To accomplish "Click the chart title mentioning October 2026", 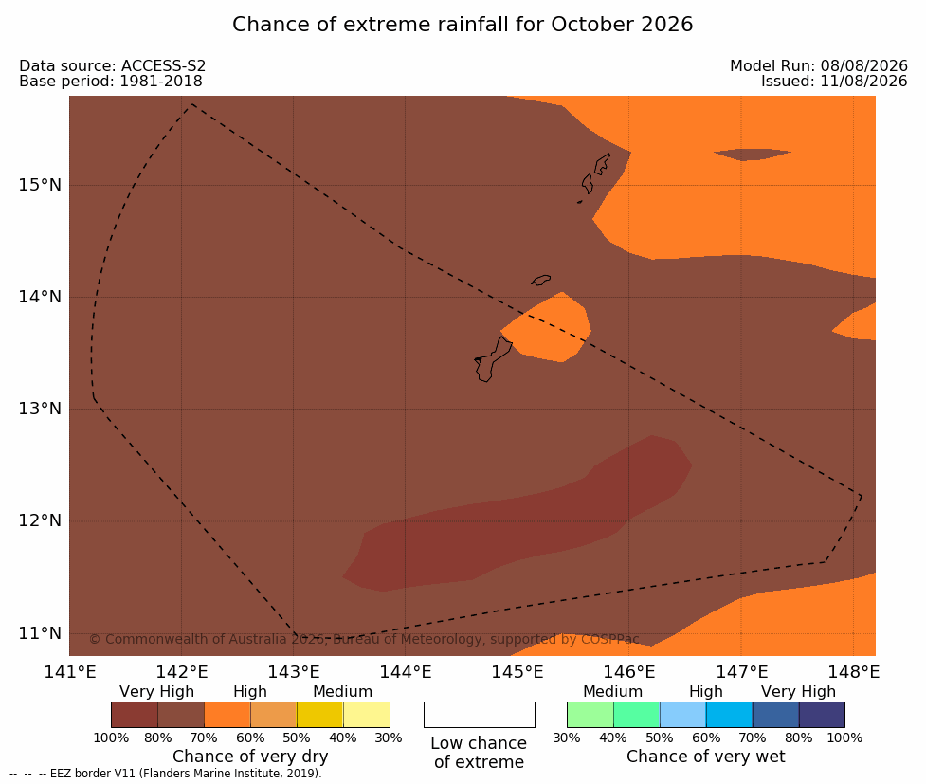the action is tap(463, 25).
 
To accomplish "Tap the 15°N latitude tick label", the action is tap(40, 185).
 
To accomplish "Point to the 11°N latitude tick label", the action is tap(40, 633).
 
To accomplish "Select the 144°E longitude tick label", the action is tap(406, 672).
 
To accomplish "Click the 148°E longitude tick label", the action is tap(853, 672).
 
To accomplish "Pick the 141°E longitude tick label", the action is tap(70, 672).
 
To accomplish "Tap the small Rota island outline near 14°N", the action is tap(540, 280).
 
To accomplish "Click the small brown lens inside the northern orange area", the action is tap(752, 155).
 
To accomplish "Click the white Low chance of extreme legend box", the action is tap(480, 715).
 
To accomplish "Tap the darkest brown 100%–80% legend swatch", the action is tap(135, 715).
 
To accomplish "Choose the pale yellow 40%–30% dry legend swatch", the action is tap(366, 715).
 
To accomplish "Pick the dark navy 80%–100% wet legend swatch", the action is tap(822, 715).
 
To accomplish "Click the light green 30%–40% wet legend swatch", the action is tap(590, 715).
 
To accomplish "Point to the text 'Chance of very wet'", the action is tap(706, 757).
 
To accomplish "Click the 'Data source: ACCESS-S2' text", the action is tap(112, 66).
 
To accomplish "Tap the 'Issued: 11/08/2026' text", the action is tap(834, 82).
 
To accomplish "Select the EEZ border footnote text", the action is tap(166, 774).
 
